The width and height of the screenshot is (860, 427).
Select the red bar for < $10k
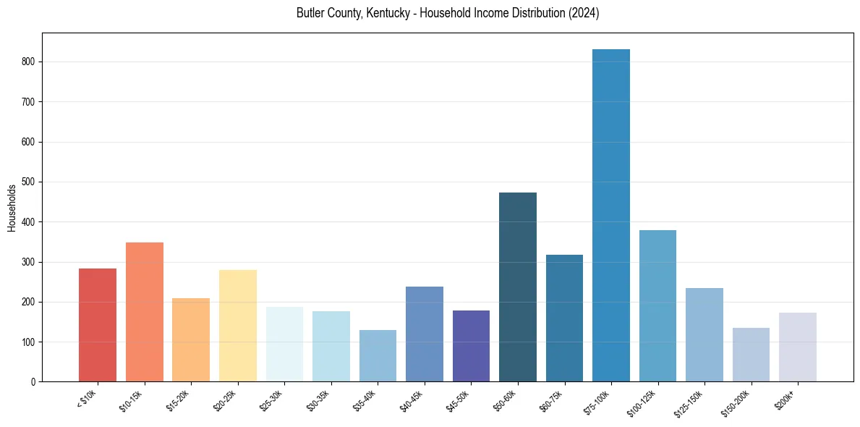(98, 325)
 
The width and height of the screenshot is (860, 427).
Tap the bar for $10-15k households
(145, 312)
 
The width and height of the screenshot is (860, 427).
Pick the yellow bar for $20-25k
(238, 326)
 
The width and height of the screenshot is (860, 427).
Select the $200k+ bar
(798, 347)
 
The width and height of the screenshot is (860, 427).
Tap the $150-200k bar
(751, 355)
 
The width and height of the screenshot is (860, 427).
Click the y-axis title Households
(12, 208)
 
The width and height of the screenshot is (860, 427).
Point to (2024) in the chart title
(584, 14)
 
